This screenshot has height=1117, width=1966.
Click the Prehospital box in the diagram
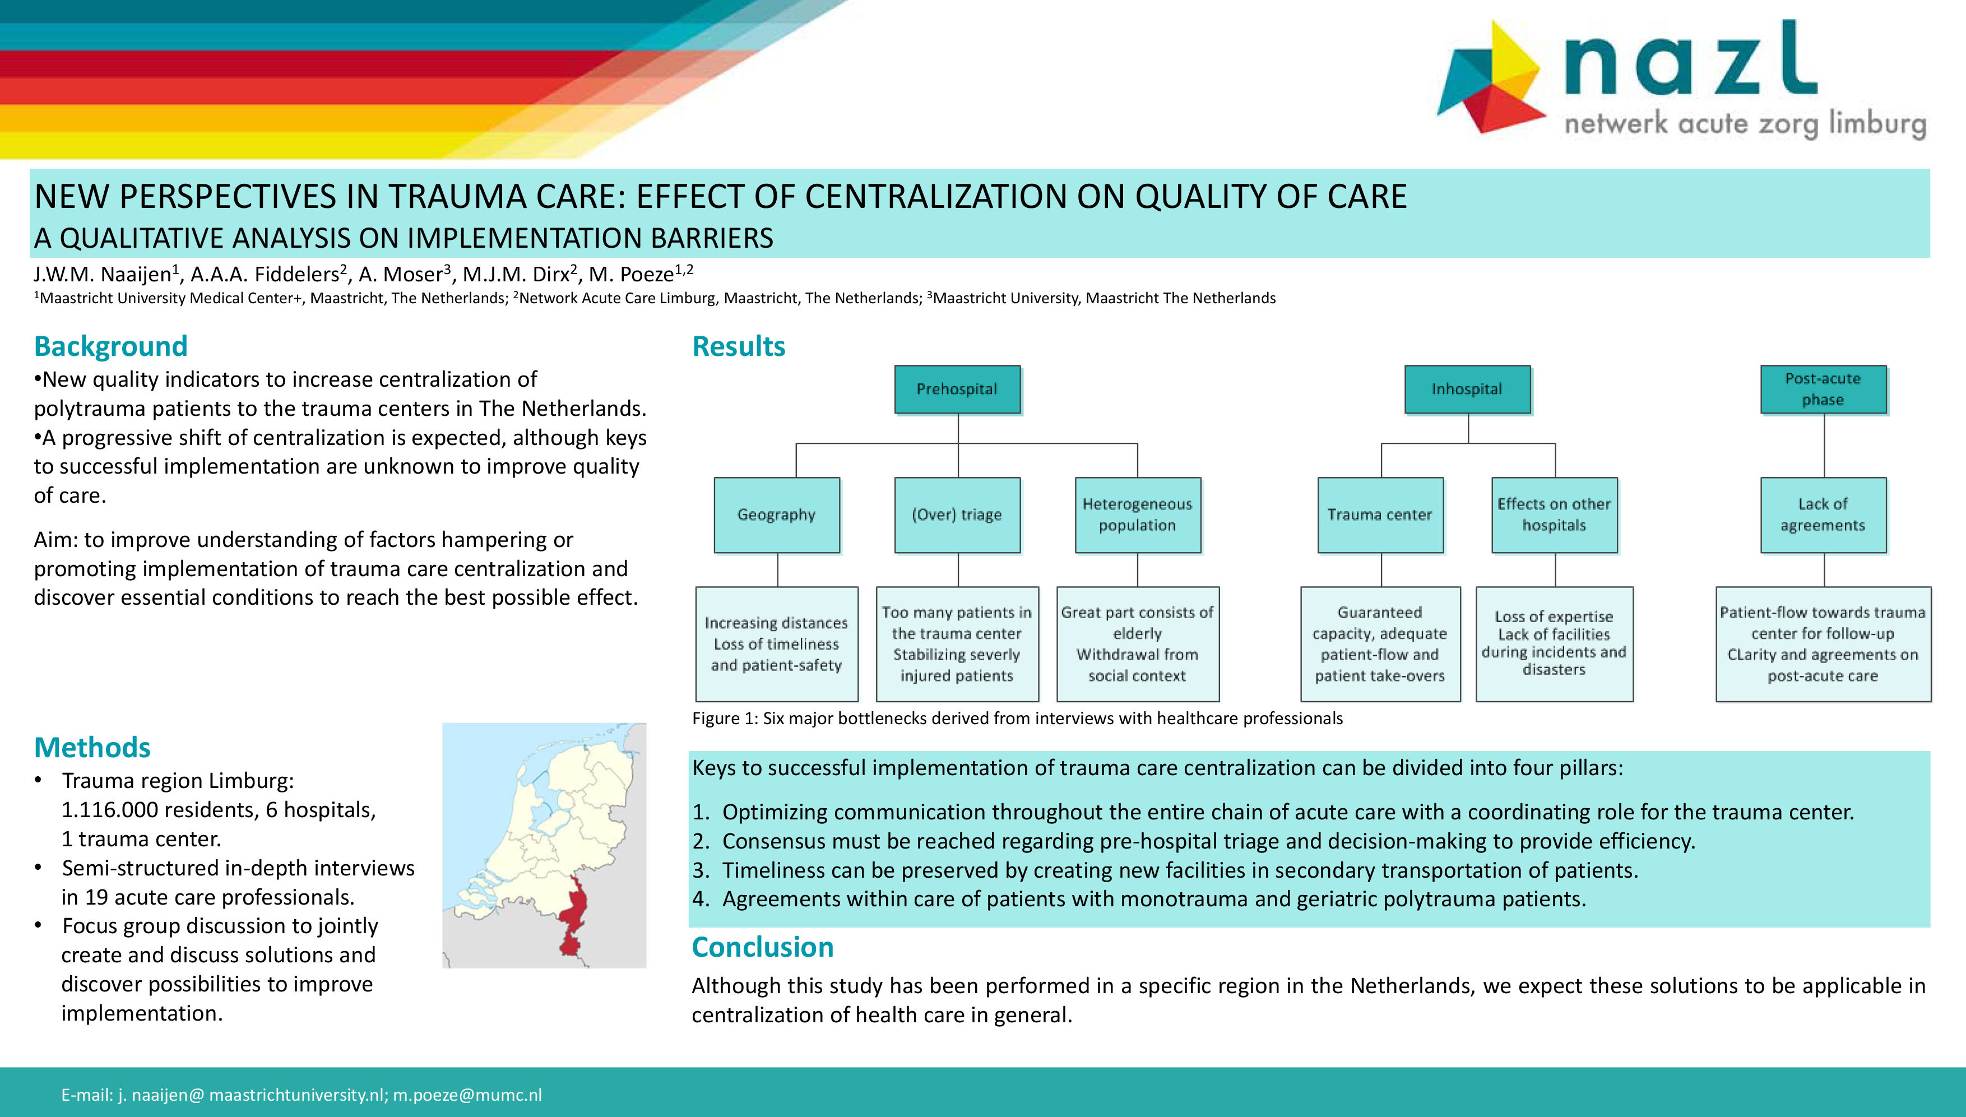point(957,389)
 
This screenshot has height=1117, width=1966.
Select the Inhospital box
point(1467,389)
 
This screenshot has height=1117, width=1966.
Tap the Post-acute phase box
point(1823,389)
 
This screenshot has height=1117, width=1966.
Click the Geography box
point(777,515)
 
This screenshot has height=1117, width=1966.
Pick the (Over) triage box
point(957,515)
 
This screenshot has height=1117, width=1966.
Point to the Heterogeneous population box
point(1138,515)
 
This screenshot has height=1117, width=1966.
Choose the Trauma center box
point(1381,515)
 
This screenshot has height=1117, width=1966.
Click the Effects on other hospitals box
point(1555,515)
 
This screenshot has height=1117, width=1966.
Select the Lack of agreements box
point(1823,515)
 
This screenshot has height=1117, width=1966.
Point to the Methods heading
point(92,747)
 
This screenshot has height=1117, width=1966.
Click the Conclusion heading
point(762,947)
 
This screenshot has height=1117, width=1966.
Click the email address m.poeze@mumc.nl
point(467,1095)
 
